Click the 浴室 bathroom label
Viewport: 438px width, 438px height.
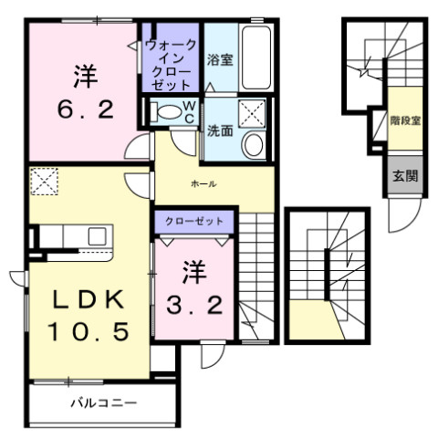tap(220, 59)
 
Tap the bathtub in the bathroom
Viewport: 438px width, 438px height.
tap(255, 57)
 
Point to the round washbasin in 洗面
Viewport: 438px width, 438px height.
tap(254, 145)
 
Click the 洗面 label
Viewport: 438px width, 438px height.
tap(220, 131)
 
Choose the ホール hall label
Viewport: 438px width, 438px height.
tap(203, 183)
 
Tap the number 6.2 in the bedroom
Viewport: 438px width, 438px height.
tap(86, 109)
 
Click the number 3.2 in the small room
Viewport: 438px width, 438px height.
tap(194, 306)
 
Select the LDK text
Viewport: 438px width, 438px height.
tap(89, 299)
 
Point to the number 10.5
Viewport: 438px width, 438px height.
tap(89, 331)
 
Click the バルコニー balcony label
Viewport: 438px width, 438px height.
tap(104, 403)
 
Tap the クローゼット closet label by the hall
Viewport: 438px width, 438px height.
tap(194, 221)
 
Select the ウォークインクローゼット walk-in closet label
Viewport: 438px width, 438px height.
tap(171, 65)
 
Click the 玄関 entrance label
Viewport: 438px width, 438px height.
tap(405, 176)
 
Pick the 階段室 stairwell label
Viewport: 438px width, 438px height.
tap(405, 121)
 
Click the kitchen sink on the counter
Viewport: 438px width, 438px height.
tap(97, 236)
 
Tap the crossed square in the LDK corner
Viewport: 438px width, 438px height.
tap(45, 182)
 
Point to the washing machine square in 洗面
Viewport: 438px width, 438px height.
tap(252, 112)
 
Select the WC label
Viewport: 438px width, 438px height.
tap(190, 112)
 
